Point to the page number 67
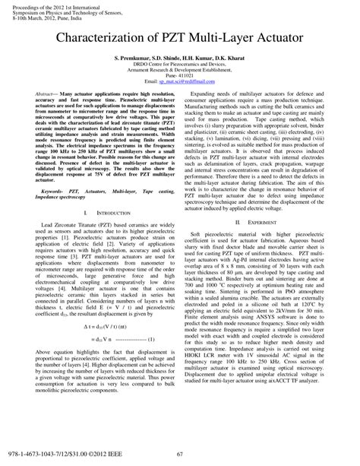180,455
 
